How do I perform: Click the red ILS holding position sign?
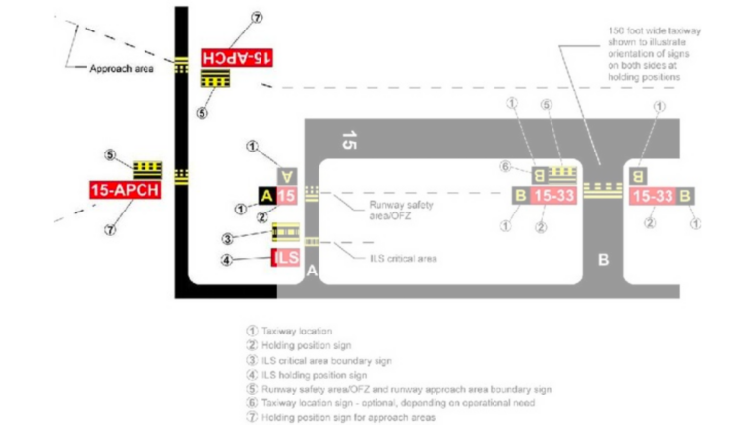click(285, 259)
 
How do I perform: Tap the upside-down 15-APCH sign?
click(236, 57)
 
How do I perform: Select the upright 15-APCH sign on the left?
click(124, 190)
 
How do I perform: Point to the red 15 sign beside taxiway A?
click(286, 196)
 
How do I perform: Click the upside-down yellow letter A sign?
click(286, 175)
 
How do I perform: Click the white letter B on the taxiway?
click(604, 260)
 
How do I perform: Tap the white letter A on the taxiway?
click(311, 270)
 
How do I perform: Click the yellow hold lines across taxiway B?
click(603, 189)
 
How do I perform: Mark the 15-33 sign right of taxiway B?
click(652, 196)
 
